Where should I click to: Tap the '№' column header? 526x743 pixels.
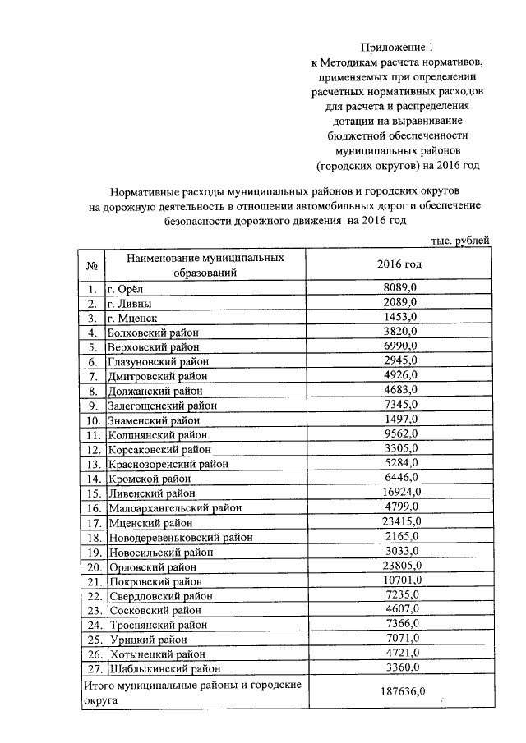(x=92, y=266)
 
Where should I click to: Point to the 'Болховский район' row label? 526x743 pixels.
(x=154, y=332)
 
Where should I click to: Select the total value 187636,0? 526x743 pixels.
(x=399, y=691)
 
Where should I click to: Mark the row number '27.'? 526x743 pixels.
(x=92, y=668)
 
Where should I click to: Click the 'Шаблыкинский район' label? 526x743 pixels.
(x=159, y=668)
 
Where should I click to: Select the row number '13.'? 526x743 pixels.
(x=92, y=464)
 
